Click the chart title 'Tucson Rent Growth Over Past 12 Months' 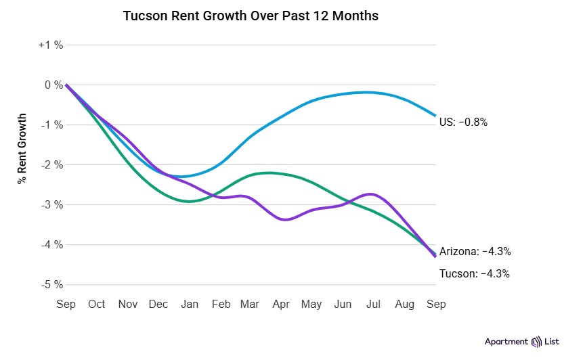pyautogui.click(x=251, y=16)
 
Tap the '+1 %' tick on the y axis pyautogui.click(x=51, y=45)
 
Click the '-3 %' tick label pyautogui.click(x=51, y=204)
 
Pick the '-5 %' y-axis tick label pyautogui.click(x=51, y=284)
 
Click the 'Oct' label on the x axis pyautogui.click(x=97, y=305)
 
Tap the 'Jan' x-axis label pyautogui.click(x=190, y=305)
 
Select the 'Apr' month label pyautogui.click(x=281, y=305)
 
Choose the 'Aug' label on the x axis pyautogui.click(x=405, y=305)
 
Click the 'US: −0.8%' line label pyautogui.click(x=463, y=122)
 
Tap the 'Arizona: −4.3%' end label pyautogui.click(x=475, y=251)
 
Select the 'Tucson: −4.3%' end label pyautogui.click(x=474, y=274)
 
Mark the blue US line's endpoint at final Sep pyautogui.click(x=435, y=116)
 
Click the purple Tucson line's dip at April pyautogui.click(x=285, y=219)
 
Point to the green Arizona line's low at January pyautogui.click(x=190, y=202)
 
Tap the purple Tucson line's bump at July pyautogui.click(x=370, y=194)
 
